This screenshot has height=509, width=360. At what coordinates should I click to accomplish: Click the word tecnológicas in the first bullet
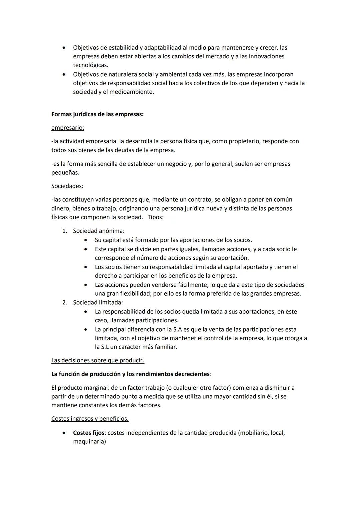(x=90, y=65)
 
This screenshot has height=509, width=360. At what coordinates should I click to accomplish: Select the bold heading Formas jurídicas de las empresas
(x=97, y=114)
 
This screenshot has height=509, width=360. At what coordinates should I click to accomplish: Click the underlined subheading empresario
(x=67, y=128)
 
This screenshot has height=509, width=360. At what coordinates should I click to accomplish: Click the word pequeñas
(x=65, y=173)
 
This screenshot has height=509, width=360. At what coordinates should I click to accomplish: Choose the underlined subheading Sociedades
(x=67, y=186)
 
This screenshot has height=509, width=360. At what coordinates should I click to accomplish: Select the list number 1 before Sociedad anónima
(x=65, y=231)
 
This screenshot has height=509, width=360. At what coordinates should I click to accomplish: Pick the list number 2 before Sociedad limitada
(x=65, y=303)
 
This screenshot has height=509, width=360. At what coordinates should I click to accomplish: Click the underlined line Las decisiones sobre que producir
(x=98, y=360)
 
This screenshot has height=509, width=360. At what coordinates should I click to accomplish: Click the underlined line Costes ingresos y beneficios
(x=90, y=419)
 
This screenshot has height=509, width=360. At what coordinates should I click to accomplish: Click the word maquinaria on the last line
(x=88, y=442)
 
